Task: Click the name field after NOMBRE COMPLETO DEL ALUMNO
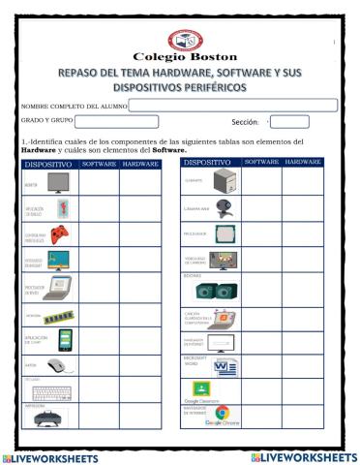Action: click(x=232, y=105)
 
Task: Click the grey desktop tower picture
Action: click(x=224, y=180)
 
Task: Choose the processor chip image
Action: click(x=224, y=234)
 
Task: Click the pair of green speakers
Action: click(x=224, y=289)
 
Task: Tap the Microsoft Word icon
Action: click(x=225, y=367)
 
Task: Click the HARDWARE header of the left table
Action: click(x=141, y=165)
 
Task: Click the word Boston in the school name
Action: click(x=207, y=57)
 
